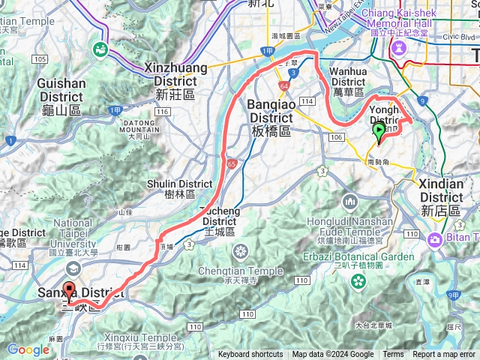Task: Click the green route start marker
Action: tap(379, 133)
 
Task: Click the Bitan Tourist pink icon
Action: tap(435, 240)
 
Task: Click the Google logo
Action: tap(28, 349)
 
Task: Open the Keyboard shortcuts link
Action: tap(250, 355)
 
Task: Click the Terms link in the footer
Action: tap(393, 355)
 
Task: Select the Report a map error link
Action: tap(444, 355)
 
